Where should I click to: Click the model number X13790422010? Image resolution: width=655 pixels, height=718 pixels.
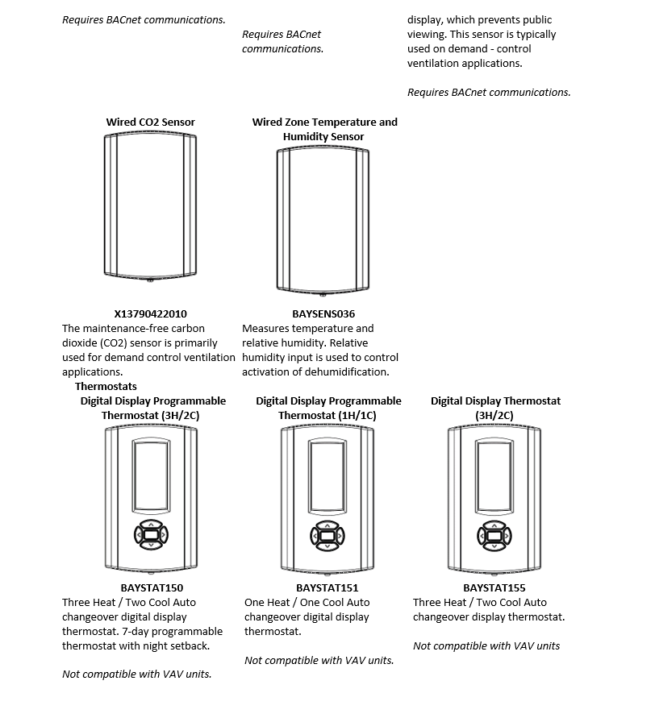[150, 313]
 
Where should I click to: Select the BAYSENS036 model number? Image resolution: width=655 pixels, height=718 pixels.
[323, 313]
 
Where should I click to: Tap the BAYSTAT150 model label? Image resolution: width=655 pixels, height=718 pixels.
[152, 588]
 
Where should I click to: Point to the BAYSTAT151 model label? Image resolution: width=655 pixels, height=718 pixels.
[327, 588]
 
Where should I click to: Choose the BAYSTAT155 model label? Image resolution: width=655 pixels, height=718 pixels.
[495, 588]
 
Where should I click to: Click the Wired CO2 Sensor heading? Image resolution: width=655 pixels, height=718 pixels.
[150, 122]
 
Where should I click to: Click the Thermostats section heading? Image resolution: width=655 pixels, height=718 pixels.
[105, 387]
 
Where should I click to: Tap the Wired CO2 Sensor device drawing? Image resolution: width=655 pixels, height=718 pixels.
[151, 206]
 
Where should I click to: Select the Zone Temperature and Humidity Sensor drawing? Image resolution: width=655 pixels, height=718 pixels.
[323, 220]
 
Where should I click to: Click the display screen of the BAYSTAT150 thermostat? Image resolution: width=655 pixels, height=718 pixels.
[152, 475]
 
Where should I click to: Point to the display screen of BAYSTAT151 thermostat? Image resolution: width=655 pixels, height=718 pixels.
[327, 475]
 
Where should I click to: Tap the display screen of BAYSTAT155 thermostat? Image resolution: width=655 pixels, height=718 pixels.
[494, 475]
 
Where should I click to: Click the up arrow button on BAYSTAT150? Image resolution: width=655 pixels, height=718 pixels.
[151, 523]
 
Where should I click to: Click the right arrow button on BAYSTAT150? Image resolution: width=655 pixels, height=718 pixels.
[163, 534]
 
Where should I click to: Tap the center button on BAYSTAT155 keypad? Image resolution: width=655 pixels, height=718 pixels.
[494, 534]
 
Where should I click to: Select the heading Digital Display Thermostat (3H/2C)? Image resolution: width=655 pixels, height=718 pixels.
[495, 408]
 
